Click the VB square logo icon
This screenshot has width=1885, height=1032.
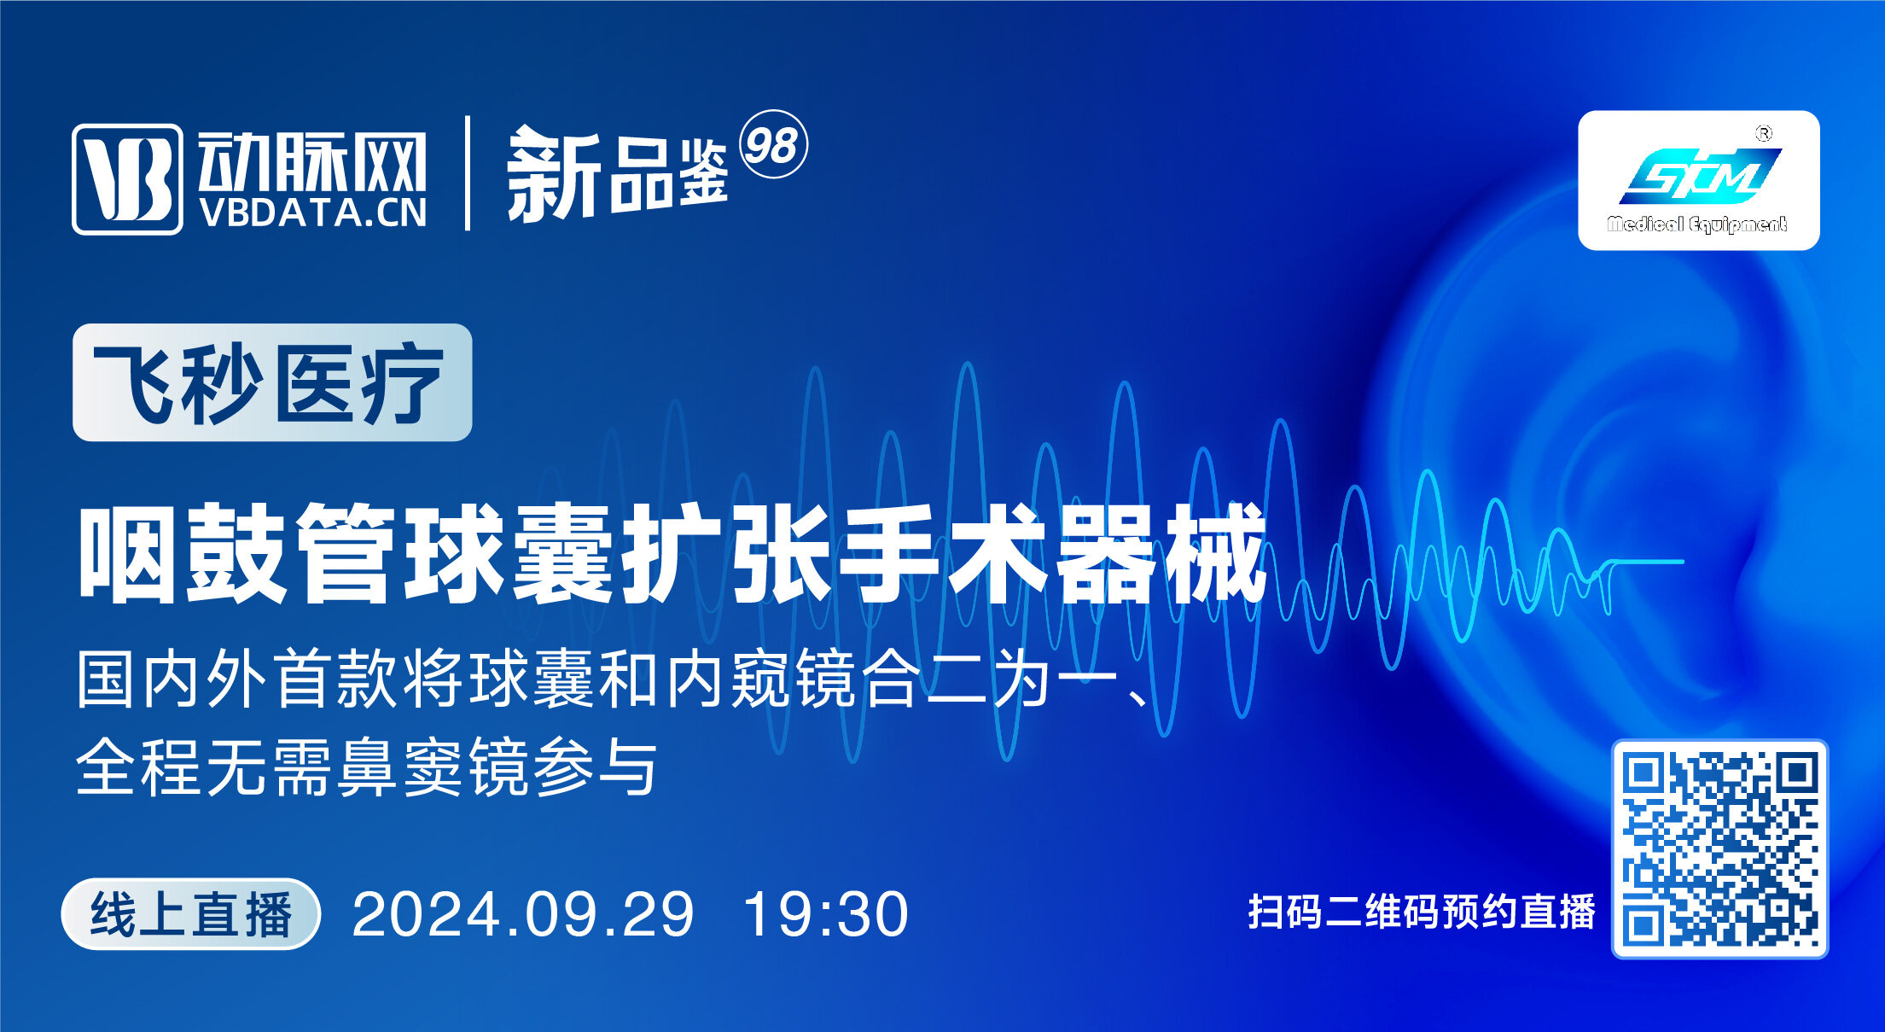tap(127, 178)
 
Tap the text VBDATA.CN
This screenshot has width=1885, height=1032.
tap(313, 213)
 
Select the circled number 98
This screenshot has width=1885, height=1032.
tap(772, 145)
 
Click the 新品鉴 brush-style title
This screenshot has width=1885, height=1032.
tap(617, 175)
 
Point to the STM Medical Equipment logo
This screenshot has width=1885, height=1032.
tap(1698, 180)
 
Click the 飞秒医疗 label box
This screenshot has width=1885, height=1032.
tap(272, 382)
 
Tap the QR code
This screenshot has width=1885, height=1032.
tap(1719, 848)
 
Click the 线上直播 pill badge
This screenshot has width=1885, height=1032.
tap(191, 914)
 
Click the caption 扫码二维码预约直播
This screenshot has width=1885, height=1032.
tap(1422, 912)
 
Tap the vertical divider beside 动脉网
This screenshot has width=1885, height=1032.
tap(468, 173)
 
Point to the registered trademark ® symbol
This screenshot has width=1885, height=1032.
tap(1763, 134)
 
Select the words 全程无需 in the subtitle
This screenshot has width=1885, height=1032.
tap(203, 767)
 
